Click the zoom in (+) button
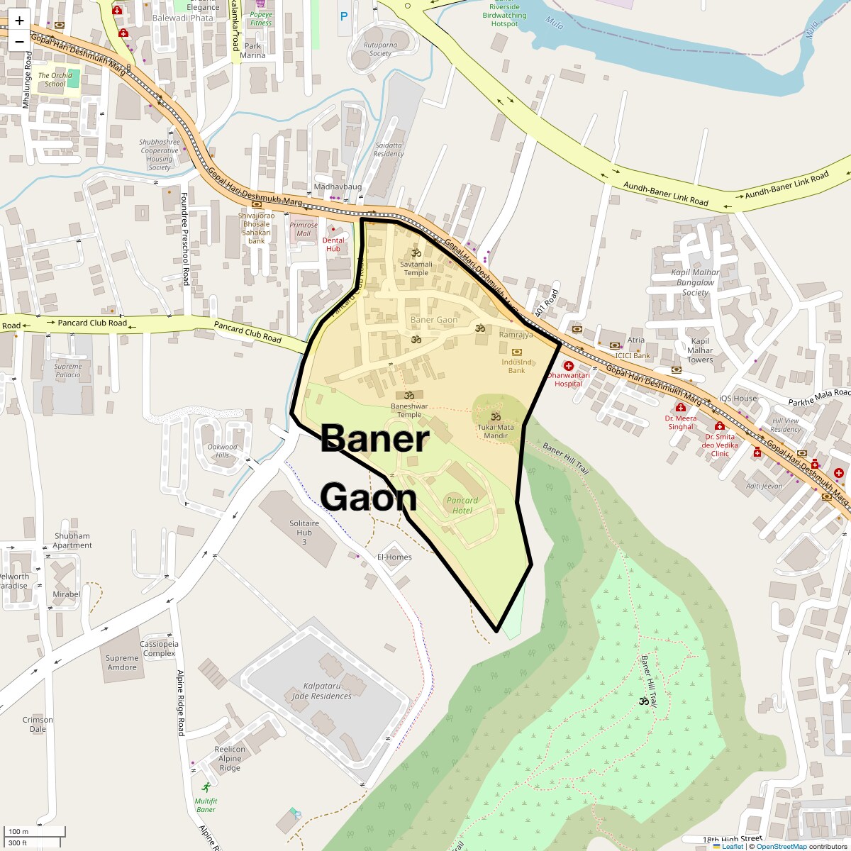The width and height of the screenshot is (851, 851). tap(19, 21)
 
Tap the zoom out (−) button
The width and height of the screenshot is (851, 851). tap(19, 41)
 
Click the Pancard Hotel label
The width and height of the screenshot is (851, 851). tap(462, 505)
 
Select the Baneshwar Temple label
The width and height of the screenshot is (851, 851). tap(409, 411)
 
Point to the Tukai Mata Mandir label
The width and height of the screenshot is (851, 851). tap(496, 431)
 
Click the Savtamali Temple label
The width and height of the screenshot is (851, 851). tap(416, 268)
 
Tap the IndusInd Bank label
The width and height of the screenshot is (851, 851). tap(516, 366)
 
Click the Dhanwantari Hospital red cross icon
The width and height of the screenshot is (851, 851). tap(569, 365)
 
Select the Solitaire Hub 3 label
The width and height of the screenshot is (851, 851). tap(304, 533)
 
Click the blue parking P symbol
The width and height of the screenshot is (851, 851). tap(344, 16)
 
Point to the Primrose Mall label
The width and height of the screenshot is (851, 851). tap(304, 229)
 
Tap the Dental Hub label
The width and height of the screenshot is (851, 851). tap(333, 245)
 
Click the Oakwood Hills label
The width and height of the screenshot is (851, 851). tap(222, 451)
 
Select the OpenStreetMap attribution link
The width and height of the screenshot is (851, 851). tap(781, 846)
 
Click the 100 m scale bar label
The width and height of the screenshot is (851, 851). tap(18, 831)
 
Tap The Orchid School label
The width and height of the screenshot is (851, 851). tap(55, 79)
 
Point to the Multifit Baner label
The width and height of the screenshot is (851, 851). tap(206, 805)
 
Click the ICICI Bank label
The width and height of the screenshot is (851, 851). tap(633, 355)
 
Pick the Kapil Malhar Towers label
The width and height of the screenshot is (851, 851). tap(700, 350)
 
